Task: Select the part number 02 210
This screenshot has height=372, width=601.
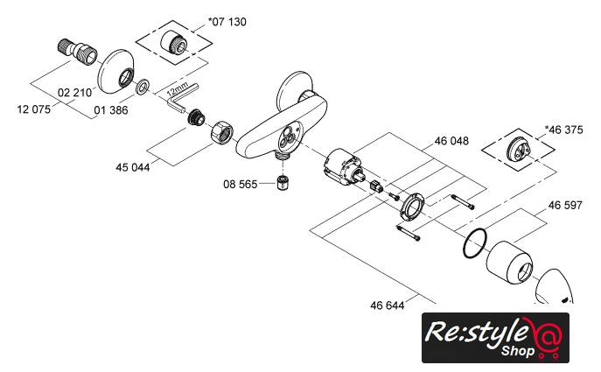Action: [x=77, y=92]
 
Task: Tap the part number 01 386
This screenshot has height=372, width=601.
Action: [x=112, y=109]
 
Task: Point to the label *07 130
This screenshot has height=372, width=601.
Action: [x=227, y=20]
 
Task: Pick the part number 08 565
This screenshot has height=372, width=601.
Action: [x=241, y=185]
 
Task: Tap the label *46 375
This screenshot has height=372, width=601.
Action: [x=563, y=130]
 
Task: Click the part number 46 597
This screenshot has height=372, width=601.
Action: [x=565, y=206]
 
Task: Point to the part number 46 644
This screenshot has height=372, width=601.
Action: [x=388, y=305]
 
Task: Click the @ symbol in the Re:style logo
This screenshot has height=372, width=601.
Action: [x=544, y=336]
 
